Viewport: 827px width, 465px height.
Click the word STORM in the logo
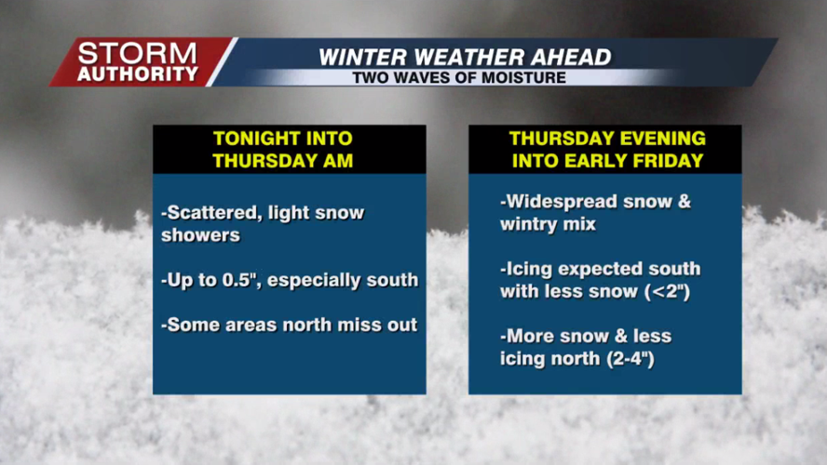[137, 53]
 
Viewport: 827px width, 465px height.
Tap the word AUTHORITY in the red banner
[137, 73]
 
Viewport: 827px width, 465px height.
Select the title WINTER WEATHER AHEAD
[465, 57]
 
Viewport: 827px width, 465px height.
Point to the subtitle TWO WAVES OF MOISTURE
[459, 77]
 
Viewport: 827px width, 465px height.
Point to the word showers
[200, 235]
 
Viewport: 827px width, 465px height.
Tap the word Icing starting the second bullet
[529, 269]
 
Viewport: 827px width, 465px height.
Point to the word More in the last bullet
[529, 336]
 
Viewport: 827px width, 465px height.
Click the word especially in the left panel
[329, 280]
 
